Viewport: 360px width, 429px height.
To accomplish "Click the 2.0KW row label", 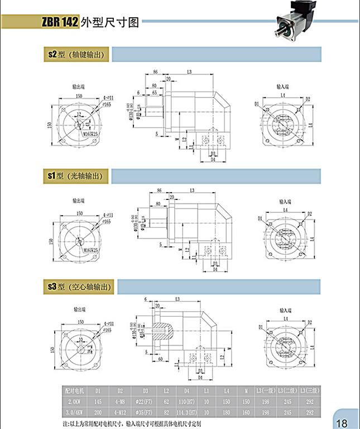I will tap(74, 401).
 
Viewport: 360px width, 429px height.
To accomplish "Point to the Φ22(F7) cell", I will tap(145, 401).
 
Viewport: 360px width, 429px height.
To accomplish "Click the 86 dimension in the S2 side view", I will tap(156, 73).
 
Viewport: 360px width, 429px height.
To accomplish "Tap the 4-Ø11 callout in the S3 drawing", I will tap(108, 323).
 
